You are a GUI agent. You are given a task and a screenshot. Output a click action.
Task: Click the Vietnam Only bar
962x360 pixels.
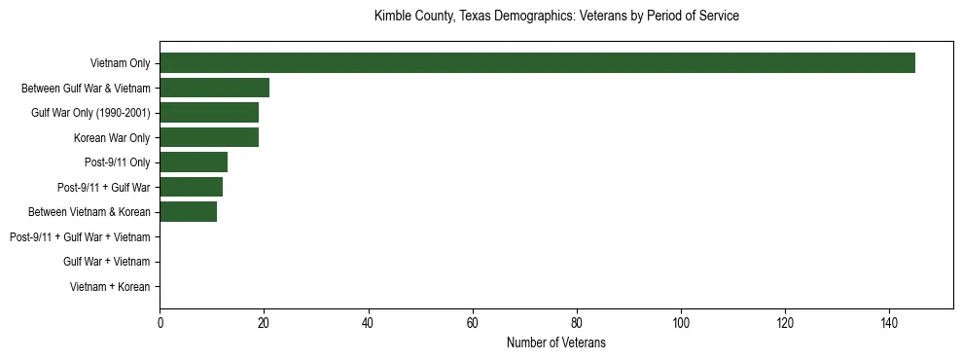tap(537, 63)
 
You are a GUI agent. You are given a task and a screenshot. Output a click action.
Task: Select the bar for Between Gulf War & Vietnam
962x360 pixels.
tap(214, 88)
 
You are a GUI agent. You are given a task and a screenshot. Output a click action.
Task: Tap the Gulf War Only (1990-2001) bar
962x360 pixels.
tap(209, 113)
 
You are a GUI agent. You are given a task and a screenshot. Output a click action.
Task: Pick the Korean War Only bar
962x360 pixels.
tap(209, 137)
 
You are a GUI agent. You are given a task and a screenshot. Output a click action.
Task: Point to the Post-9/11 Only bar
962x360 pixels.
tap(194, 162)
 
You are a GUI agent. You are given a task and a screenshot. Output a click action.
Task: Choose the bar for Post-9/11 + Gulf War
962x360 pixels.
tap(191, 187)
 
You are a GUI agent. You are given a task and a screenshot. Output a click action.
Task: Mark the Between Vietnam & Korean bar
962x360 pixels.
tap(188, 212)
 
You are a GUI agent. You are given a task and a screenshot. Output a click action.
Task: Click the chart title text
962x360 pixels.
tap(556, 17)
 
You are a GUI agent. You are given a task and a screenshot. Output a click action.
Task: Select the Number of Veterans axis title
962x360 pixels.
tap(556, 342)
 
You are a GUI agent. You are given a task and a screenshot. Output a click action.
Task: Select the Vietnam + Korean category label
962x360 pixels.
tap(110, 287)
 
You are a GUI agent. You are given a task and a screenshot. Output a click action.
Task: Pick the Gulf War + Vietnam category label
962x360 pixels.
tap(106, 262)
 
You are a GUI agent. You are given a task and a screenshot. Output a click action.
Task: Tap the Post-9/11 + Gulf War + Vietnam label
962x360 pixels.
tap(80, 237)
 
